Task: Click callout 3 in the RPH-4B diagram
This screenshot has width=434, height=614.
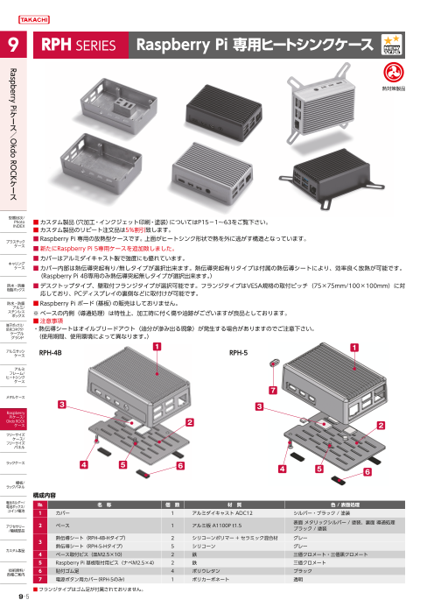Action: [x=61, y=405]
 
